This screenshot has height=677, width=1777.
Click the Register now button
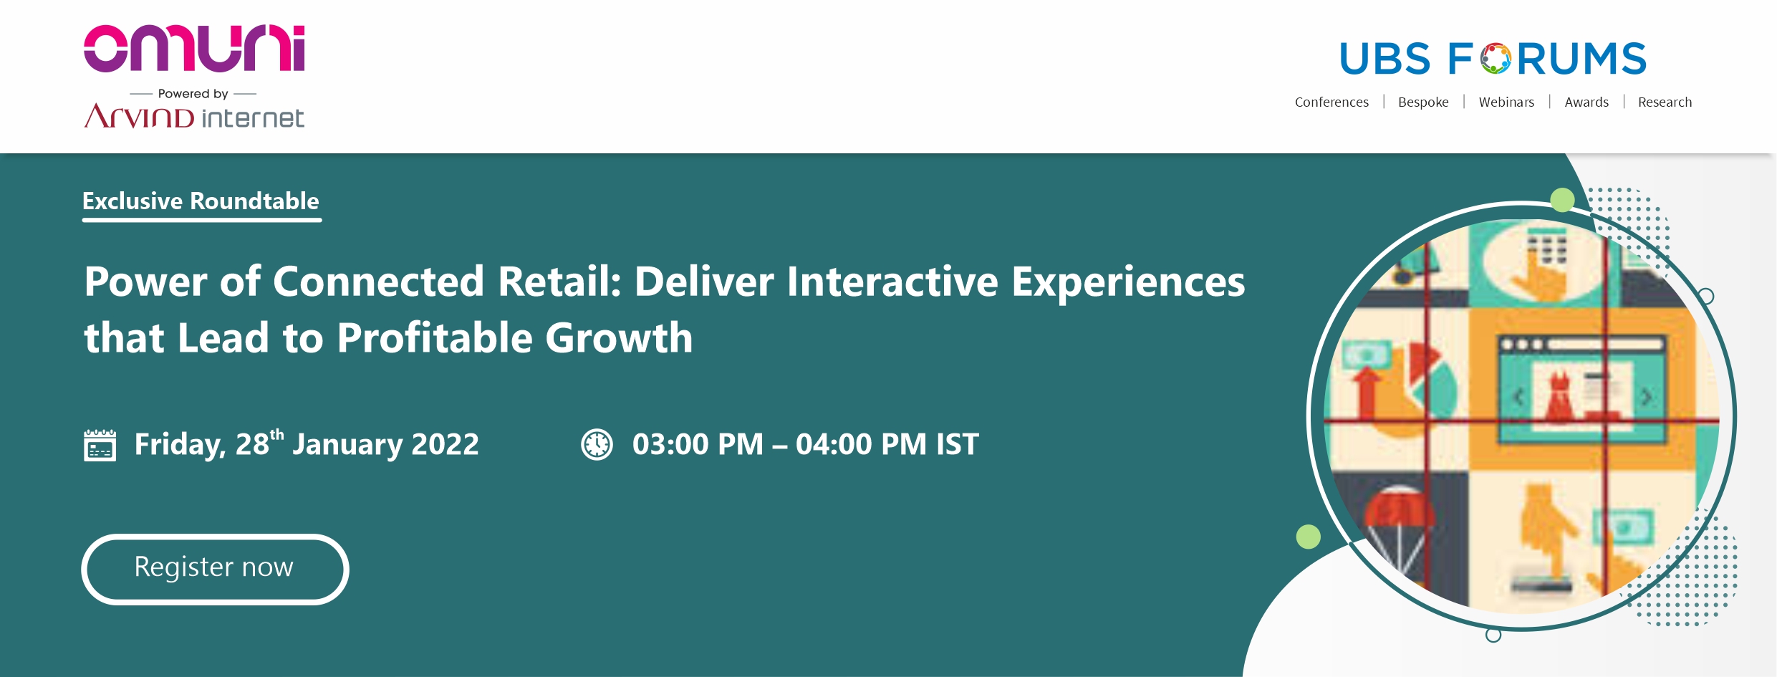click(215, 569)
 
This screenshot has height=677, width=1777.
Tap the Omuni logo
click(194, 49)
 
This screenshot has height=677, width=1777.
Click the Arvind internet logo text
click(194, 116)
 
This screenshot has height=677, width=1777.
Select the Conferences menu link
click(1331, 102)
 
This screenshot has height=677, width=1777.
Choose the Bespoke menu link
click(1423, 102)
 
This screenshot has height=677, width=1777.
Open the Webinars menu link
click(1506, 102)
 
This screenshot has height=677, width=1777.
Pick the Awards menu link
click(1586, 102)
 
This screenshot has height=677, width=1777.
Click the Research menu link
click(1665, 102)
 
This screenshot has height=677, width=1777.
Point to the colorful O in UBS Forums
click(1496, 59)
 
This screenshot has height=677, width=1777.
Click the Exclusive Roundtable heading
click(201, 201)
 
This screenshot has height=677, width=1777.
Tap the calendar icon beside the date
click(100, 445)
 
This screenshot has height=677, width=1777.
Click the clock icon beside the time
click(597, 444)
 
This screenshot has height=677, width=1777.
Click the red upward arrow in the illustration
click(1367, 391)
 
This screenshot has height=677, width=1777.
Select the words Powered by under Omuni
click(193, 94)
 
